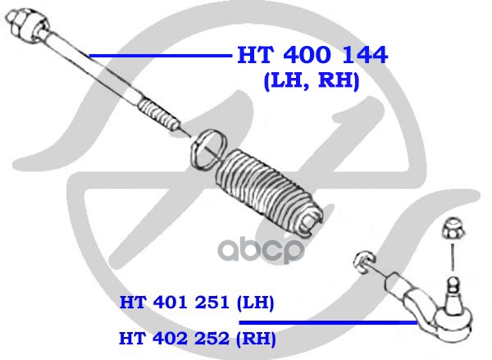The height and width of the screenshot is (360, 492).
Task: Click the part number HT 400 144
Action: click(x=312, y=55)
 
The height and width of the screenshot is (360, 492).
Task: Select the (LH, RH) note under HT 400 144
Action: click(x=312, y=80)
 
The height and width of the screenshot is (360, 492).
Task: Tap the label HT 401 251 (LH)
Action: click(x=197, y=303)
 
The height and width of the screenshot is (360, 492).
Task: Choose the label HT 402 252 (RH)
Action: click(x=198, y=339)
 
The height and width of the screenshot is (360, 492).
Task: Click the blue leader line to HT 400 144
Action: click(x=161, y=57)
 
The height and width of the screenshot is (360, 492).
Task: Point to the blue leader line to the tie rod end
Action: click(x=328, y=322)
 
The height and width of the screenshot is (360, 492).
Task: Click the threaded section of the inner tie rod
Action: click(x=158, y=115)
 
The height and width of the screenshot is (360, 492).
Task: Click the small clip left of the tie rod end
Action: click(x=363, y=261)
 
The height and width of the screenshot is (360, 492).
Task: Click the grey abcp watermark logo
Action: click(x=261, y=251)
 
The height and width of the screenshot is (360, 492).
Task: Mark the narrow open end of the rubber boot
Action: click(x=312, y=222)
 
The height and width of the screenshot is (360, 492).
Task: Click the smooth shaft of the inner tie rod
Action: click(x=91, y=66)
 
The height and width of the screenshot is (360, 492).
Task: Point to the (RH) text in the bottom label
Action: click(x=256, y=339)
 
